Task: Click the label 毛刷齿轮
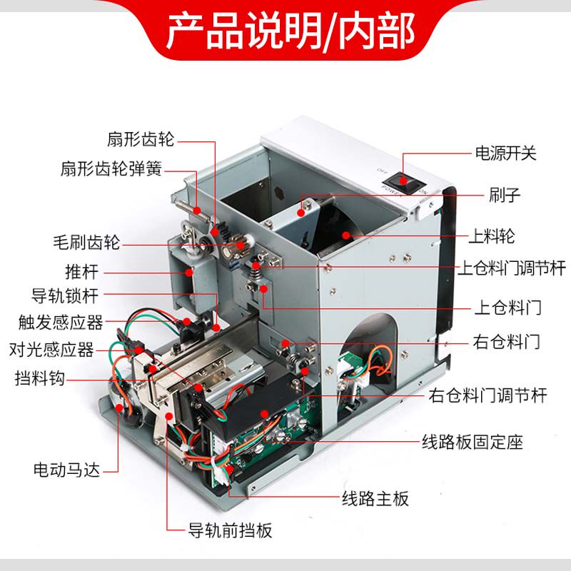(87, 243)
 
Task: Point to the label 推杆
(81, 272)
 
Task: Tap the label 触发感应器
(61, 323)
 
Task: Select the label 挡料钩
(40, 378)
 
